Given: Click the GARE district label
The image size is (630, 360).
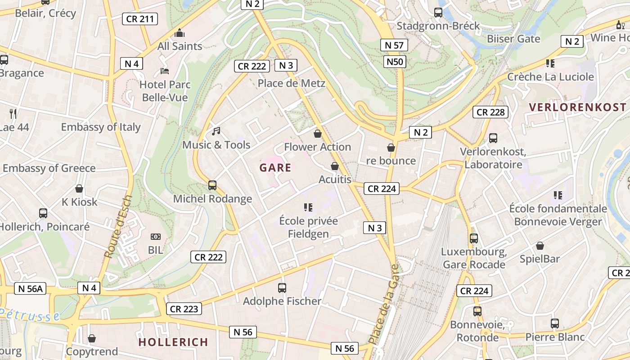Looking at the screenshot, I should [x=275, y=168].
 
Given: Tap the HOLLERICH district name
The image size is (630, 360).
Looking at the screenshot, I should [x=173, y=342].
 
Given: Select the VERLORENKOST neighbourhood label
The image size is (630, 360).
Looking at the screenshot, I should [x=577, y=107].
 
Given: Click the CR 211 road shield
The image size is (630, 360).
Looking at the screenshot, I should [x=140, y=19].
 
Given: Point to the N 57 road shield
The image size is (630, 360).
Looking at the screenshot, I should [x=394, y=45].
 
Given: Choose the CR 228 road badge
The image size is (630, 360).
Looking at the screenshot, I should [x=490, y=112].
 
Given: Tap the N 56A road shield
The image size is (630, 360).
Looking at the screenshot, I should [x=31, y=288].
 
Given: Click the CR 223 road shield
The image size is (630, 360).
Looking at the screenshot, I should [x=184, y=309].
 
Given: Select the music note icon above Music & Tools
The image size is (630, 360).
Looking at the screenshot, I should [x=216, y=131].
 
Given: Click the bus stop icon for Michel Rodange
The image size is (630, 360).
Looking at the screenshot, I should [x=212, y=185].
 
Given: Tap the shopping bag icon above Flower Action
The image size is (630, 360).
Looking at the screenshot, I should [x=318, y=134].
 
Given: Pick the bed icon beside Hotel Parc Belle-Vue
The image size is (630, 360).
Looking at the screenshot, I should [x=165, y=71].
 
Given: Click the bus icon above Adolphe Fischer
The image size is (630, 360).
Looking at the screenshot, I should [x=282, y=288].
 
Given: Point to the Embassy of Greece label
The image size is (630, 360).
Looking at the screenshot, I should [x=49, y=168].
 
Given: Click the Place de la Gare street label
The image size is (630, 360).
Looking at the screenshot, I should [x=383, y=304].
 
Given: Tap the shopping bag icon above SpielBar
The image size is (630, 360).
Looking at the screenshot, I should [x=540, y=246].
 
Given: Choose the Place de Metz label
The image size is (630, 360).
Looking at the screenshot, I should [x=291, y=83].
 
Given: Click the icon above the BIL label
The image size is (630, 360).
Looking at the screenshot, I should [x=156, y=237].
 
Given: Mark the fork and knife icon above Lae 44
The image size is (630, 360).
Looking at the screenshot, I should [x=13, y=113].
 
